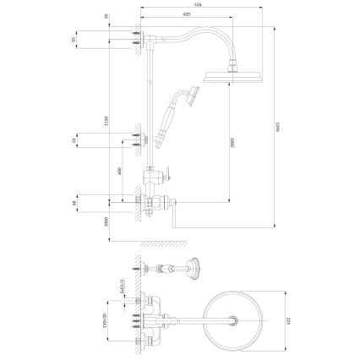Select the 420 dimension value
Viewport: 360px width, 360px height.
[x=185, y=17]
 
